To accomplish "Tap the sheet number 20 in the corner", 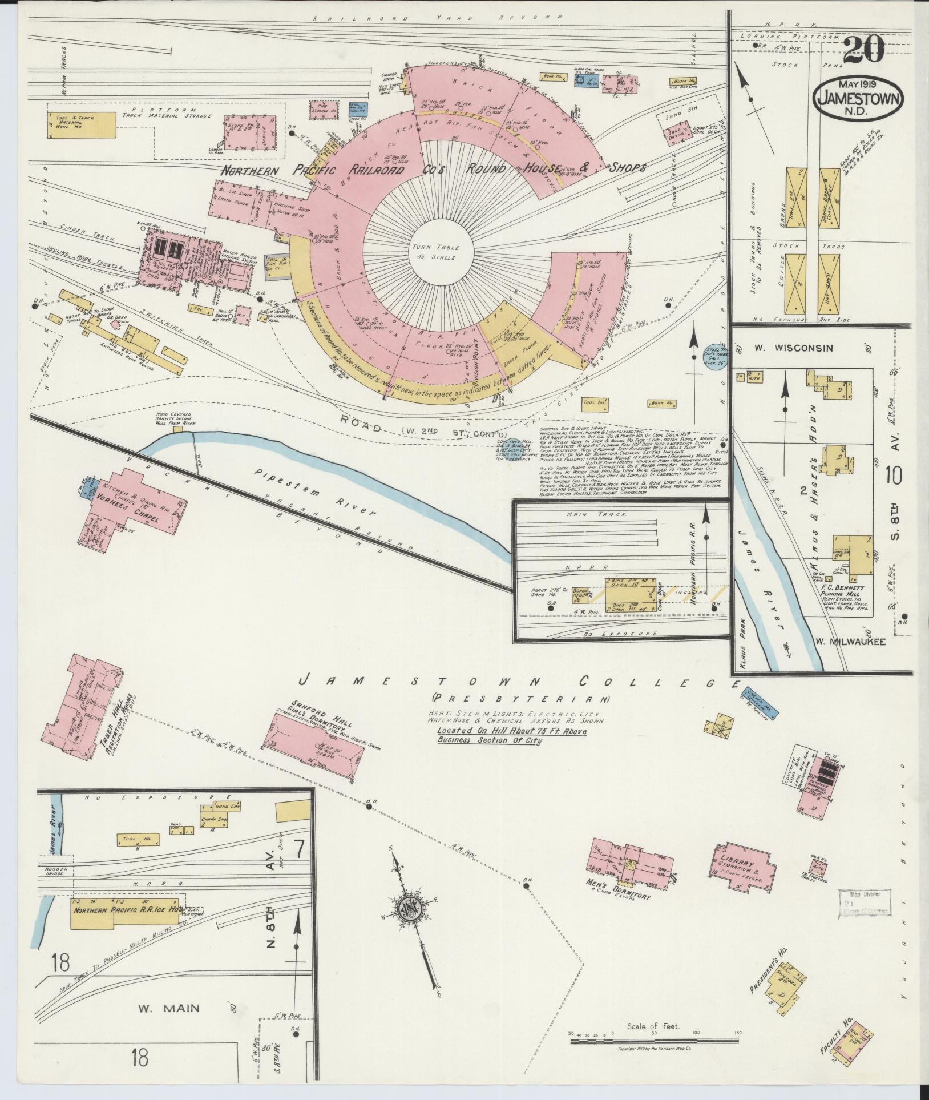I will (863, 51).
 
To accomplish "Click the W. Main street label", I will (169, 1008).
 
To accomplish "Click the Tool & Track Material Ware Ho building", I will (82, 124).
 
